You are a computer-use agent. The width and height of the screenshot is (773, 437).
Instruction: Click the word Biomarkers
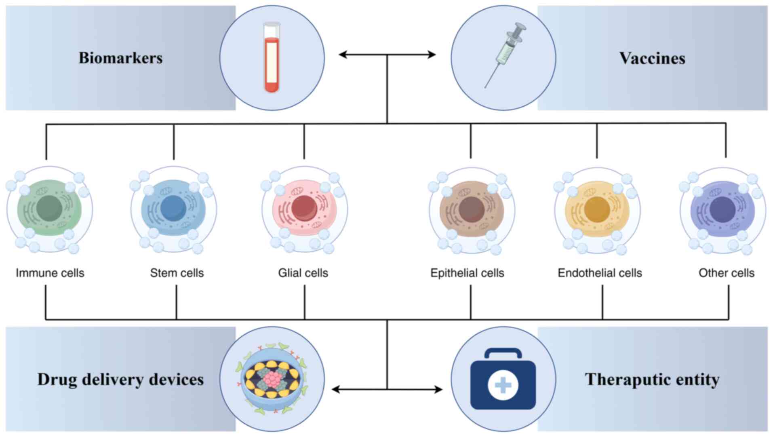tap(120, 58)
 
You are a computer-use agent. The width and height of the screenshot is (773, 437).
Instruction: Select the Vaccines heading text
tap(652, 58)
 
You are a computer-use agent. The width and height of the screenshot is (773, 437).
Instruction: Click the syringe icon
tap(504, 55)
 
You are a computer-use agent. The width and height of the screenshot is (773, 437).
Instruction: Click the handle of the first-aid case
tap(503, 353)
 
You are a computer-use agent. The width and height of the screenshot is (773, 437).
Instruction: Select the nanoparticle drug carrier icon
tap(272, 379)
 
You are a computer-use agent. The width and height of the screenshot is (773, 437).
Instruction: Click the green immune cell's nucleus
tap(49, 208)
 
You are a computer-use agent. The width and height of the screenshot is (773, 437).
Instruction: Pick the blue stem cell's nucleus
tap(173, 208)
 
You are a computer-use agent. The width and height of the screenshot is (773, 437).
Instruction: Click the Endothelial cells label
tap(600, 273)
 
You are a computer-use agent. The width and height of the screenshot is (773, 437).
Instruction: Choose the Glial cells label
tap(303, 273)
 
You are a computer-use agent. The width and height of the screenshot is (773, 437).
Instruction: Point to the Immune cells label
tap(50, 273)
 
